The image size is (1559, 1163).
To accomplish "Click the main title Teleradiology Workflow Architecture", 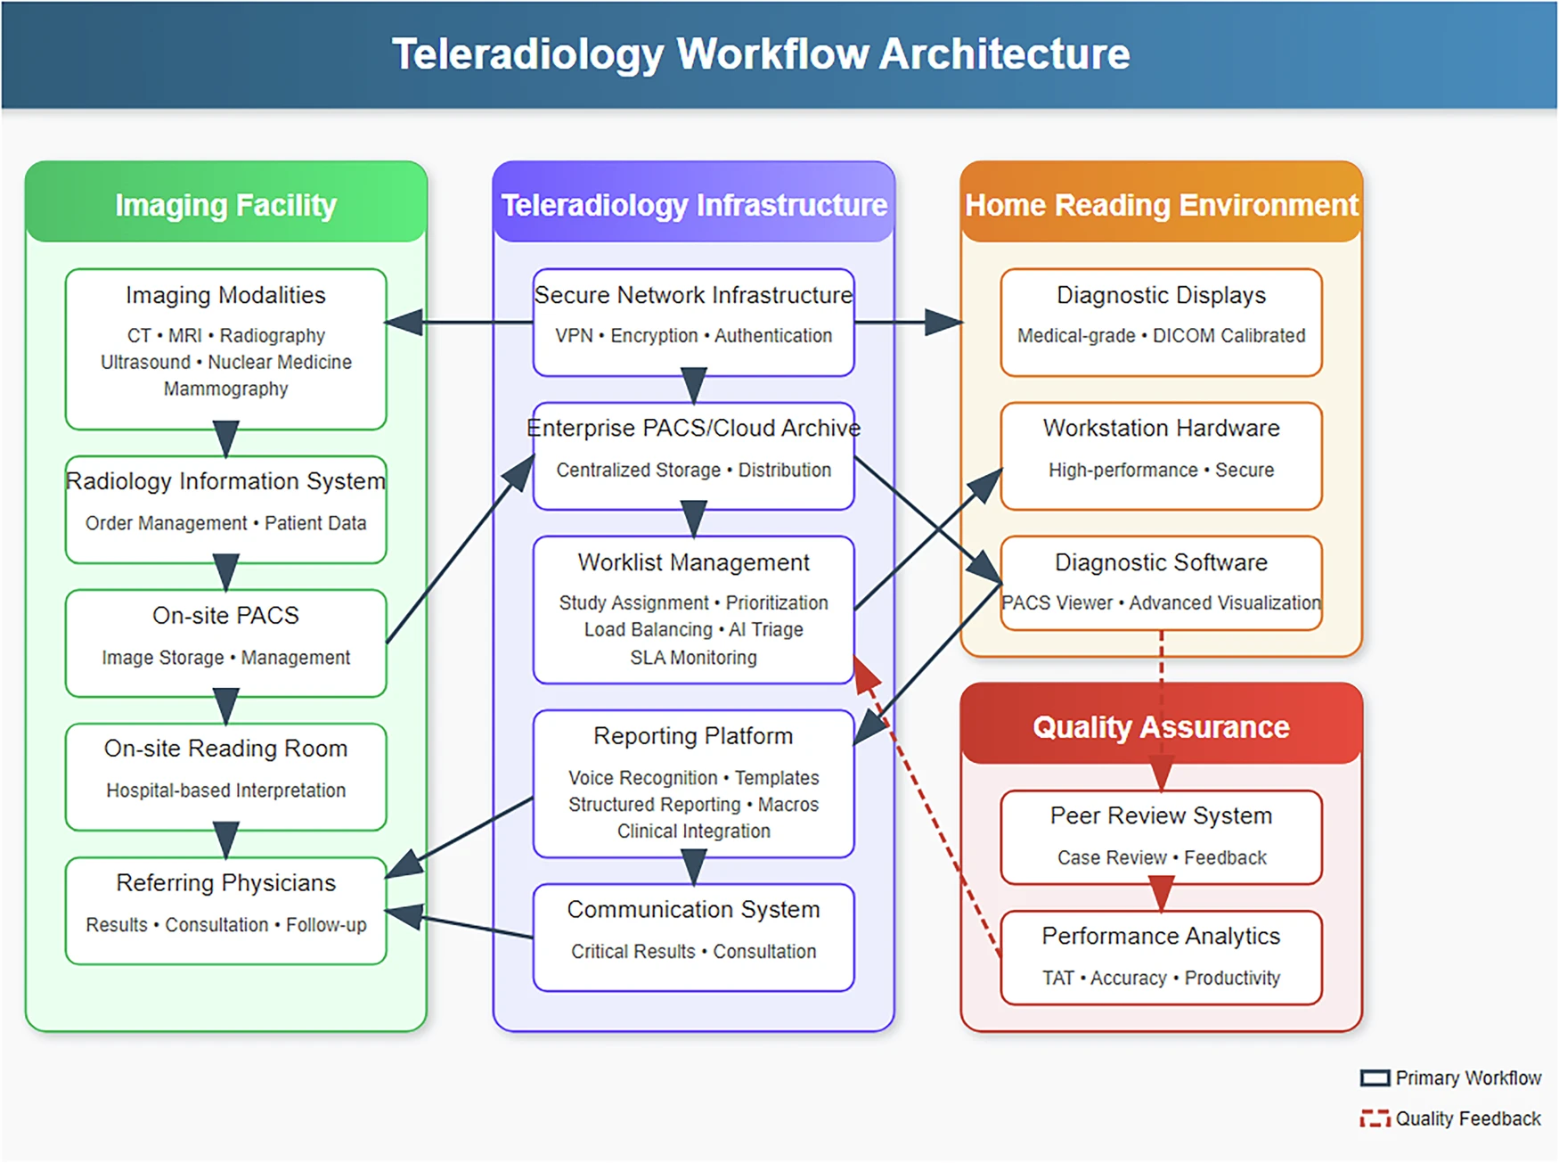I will click(761, 53).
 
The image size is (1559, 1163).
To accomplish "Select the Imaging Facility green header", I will click(225, 205).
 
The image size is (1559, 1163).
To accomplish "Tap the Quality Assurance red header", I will click(1161, 727).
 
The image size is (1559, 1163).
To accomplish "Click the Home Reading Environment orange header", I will click(1161, 205).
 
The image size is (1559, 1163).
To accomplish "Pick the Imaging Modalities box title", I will click(225, 295).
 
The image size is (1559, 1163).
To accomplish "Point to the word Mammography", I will click(225, 389).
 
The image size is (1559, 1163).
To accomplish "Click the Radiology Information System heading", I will click(225, 481).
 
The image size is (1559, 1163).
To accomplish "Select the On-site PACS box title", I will click(225, 615).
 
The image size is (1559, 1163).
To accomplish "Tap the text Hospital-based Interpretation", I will click(225, 790).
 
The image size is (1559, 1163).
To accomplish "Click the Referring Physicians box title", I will click(225, 882).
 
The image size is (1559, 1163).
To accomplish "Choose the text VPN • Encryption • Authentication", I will click(693, 336).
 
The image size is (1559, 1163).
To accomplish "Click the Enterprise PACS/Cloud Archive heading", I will click(693, 428).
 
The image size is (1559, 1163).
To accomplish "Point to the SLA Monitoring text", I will click(693, 658).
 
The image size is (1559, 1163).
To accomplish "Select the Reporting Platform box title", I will click(693, 736).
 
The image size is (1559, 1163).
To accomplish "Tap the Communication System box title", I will click(693, 909).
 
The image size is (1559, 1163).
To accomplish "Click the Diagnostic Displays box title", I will click(1161, 295).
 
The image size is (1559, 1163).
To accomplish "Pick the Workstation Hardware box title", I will click(1161, 428).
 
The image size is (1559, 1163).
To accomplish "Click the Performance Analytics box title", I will click(1161, 936).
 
